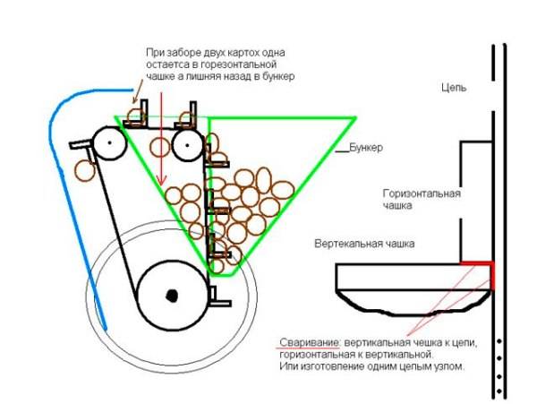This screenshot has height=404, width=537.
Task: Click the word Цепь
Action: coord(455,89)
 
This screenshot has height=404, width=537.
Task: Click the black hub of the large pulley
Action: coord(172,294)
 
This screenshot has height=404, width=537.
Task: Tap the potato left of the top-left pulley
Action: coord(84,167)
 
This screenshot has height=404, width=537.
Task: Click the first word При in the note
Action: coord(156,53)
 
